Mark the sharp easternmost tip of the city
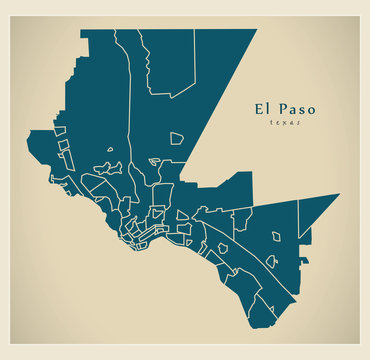(x=339, y=194)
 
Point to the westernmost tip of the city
(x=28, y=131)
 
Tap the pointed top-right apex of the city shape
(x=256, y=29)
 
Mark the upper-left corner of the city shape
(x=81, y=30)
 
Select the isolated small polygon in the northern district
(x=176, y=138)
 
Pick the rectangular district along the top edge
(x=170, y=60)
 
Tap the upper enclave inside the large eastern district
(x=276, y=237)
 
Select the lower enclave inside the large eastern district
(x=271, y=261)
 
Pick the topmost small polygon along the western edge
(x=60, y=131)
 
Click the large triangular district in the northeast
(x=215, y=90)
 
